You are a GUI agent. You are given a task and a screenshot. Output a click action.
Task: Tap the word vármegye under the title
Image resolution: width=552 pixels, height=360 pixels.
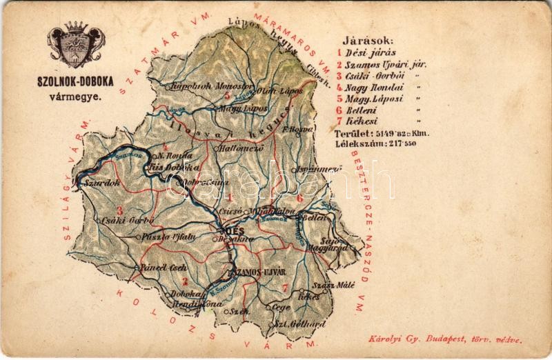click(x=72, y=96)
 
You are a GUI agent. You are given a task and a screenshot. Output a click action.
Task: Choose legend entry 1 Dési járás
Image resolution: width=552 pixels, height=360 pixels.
click(x=366, y=52)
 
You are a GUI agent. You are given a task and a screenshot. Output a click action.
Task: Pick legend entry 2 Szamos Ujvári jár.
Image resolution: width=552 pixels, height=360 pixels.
click(x=382, y=64)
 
